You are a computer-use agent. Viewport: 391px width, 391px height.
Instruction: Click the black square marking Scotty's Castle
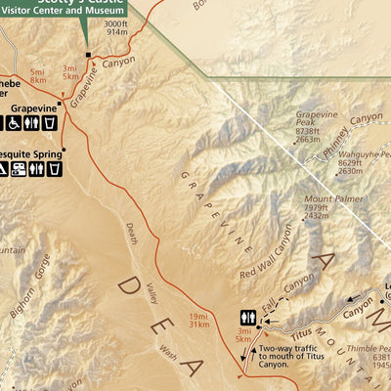click(x=88, y=55)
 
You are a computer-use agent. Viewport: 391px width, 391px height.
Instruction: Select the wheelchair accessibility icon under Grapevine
click(x=15, y=123)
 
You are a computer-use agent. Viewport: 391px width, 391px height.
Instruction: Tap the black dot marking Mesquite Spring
click(x=64, y=151)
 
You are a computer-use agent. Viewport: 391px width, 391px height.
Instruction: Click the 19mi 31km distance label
click(x=198, y=321)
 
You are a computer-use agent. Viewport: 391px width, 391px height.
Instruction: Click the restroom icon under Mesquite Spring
click(x=37, y=169)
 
